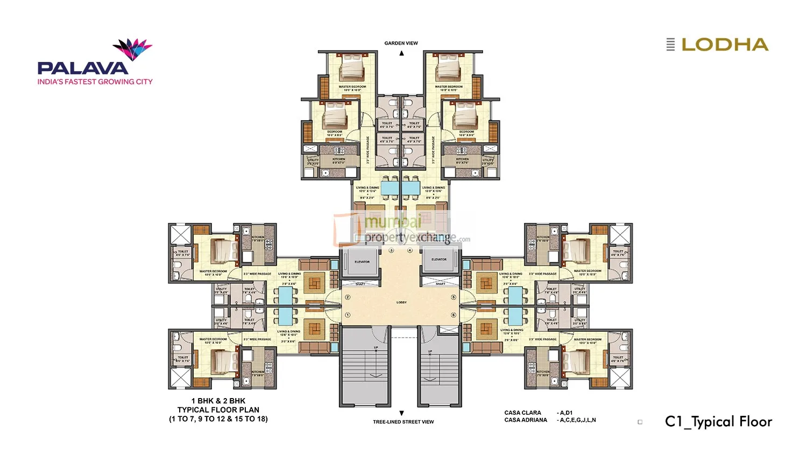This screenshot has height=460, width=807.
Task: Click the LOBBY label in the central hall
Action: [x=401, y=303]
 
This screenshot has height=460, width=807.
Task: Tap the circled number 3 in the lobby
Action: [x=391, y=250]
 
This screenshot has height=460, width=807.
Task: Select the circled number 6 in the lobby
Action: [x=454, y=315]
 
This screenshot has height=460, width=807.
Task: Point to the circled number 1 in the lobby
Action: [x=348, y=315]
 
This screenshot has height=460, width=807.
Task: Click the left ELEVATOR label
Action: [x=362, y=262]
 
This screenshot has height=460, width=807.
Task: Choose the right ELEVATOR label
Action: [x=439, y=260]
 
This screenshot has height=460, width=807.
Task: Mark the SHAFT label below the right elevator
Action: [x=441, y=284]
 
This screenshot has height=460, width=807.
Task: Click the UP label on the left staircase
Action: [x=376, y=348]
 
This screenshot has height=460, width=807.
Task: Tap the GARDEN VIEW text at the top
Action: [x=401, y=43]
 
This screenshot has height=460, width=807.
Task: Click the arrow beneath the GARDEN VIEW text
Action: [x=401, y=53]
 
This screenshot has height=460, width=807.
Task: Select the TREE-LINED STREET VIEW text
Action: [x=403, y=422]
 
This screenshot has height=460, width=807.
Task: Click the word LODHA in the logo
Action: [x=725, y=45]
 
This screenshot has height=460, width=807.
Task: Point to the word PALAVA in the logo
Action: [x=83, y=68]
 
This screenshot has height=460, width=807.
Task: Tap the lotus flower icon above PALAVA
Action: [x=132, y=49]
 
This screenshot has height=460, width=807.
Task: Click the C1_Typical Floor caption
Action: [x=718, y=422]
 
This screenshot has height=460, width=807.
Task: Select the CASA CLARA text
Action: [x=522, y=413]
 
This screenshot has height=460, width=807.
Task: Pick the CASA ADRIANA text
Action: [x=526, y=420]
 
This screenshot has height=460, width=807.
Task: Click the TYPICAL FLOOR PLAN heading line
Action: [x=218, y=410]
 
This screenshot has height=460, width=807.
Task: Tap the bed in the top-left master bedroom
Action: [x=352, y=68]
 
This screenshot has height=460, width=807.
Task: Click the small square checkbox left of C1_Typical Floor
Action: [x=640, y=422]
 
